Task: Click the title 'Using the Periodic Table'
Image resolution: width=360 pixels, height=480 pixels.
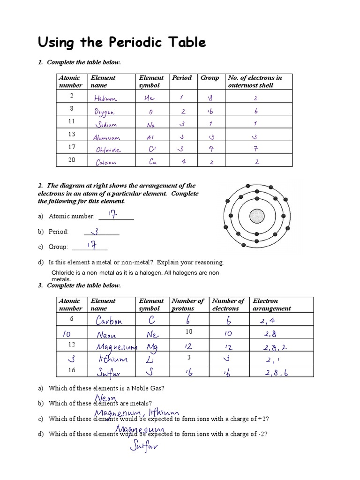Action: (x=121, y=43)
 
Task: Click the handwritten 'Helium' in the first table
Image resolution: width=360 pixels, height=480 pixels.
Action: (x=105, y=98)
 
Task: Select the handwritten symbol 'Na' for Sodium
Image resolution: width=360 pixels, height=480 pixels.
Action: (x=150, y=125)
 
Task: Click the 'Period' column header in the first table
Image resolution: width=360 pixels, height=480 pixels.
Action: (x=181, y=78)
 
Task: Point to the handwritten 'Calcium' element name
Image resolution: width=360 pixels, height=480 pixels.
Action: (x=106, y=163)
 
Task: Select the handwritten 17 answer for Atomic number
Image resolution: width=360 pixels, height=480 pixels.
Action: (x=112, y=214)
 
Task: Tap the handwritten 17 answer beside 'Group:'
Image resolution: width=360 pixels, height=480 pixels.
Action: (x=93, y=246)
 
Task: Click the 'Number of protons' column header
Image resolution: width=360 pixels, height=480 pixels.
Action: (x=187, y=305)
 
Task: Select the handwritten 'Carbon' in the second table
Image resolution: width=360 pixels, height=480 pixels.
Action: (x=109, y=321)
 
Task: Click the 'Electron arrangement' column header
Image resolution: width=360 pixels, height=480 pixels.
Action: (x=271, y=305)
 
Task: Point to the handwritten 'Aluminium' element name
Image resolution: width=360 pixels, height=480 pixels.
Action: (x=106, y=138)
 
